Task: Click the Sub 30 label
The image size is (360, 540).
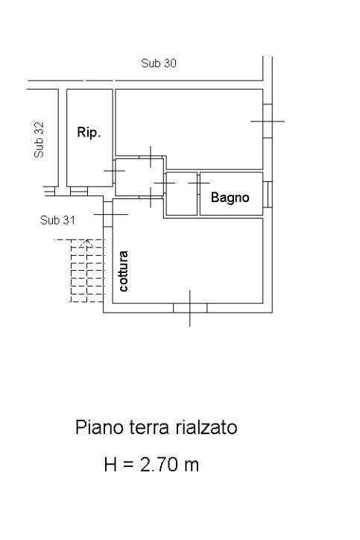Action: click(x=158, y=63)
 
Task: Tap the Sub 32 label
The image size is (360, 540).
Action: click(x=39, y=139)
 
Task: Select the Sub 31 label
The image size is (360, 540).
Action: click(x=57, y=220)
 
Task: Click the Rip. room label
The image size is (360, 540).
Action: click(x=89, y=132)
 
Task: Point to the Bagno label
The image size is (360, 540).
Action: click(x=230, y=198)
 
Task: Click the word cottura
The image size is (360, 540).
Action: click(x=123, y=271)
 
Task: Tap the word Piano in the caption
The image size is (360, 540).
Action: click(x=99, y=427)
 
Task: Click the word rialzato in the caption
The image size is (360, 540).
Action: click(x=206, y=427)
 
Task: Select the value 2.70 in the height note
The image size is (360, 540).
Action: click(x=159, y=465)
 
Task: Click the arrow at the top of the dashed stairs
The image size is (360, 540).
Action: click(x=86, y=243)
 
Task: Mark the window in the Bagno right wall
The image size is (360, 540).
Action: click(x=268, y=194)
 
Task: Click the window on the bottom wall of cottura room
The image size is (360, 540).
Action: click(x=190, y=308)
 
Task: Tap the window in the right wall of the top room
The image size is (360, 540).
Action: click(x=268, y=121)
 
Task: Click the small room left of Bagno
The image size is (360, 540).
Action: click(x=182, y=193)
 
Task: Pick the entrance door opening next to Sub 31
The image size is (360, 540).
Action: click(x=108, y=214)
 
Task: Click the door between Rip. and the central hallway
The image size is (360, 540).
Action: click(x=114, y=171)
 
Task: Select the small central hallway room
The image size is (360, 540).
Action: click(x=139, y=177)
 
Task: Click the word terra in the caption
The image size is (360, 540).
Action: click(x=149, y=427)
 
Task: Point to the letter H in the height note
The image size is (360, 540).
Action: click(x=110, y=465)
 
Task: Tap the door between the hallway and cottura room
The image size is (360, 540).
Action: click(x=151, y=198)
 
